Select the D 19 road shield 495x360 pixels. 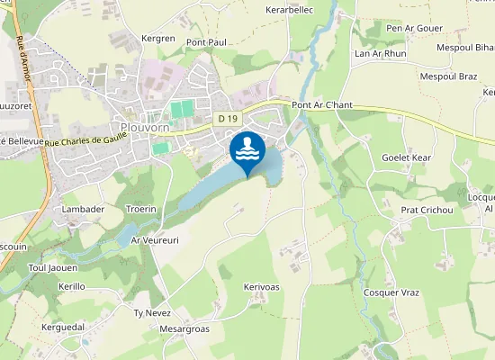(228, 118)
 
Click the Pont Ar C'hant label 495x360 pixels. (323, 105)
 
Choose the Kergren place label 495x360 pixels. (158, 39)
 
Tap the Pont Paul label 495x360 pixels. (206, 42)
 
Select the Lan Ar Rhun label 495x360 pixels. (382, 53)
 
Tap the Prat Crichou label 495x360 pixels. (427, 211)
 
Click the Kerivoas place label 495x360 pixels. (262, 287)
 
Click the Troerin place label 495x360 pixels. (141, 209)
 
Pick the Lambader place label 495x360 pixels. (82, 209)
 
